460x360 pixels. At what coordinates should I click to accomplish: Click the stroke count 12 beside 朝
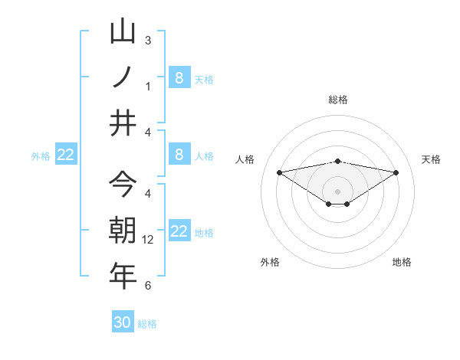tap(149, 240)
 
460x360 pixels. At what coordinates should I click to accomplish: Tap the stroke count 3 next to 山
tap(148, 40)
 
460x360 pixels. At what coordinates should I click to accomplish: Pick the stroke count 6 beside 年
tap(148, 286)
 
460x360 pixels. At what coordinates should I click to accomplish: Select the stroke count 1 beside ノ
tap(148, 87)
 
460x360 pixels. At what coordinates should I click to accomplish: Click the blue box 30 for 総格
tap(123, 322)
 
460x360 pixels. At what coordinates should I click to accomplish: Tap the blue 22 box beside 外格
tap(66, 155)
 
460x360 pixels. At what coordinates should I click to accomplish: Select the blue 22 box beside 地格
tap(179, 231)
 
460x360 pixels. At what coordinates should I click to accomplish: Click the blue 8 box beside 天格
tap(179, 77)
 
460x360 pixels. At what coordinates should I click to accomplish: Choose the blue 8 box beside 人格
tap(179, 155)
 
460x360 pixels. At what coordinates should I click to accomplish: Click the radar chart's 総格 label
tap(337, 100)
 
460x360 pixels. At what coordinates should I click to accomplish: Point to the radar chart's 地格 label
tap(402, 262)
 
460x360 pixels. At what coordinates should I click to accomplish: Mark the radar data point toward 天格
tap(396, 172)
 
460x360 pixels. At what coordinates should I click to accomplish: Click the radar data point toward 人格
tap(279, 172)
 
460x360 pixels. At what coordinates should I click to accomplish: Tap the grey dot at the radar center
tap(337, 191)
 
